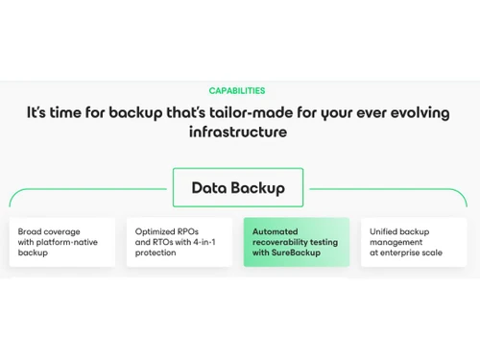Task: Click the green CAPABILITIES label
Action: pyautogui.click(x=237, y=91)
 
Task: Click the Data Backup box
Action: pyautogui.click(x=237, y=188)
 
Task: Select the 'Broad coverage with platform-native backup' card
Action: pyautogui.click(x=62, y=242)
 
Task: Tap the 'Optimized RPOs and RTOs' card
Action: pyautogui.click(x=180, y=242)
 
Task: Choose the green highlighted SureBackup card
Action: pyautogui.click(x=297, y=242)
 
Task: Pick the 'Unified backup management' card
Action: pyautogui.click(x=414, y=242)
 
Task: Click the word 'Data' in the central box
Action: pyautogui.click(x=209, y=188)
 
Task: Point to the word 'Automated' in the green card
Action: pyautogui.click(x=276, y=231)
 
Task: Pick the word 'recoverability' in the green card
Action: pyautogui.click(x=282, y=242)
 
